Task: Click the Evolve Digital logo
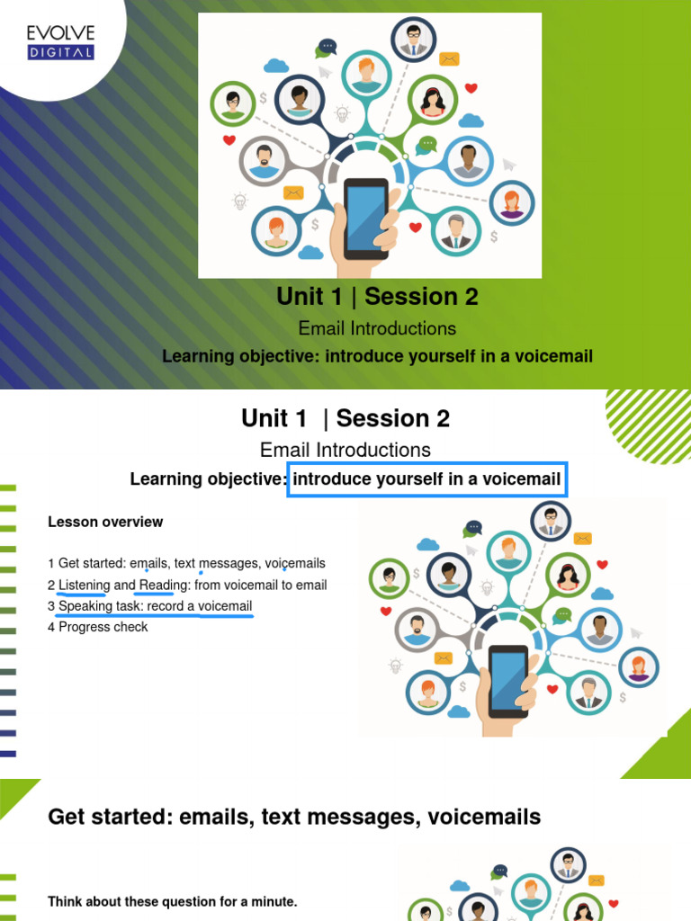60,42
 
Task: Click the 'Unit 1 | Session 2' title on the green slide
378,296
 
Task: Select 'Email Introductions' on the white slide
345,450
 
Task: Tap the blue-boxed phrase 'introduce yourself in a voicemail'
427,478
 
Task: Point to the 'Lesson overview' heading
105,522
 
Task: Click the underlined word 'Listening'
84,586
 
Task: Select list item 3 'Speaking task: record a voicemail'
150,606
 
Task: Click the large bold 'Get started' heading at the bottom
294,817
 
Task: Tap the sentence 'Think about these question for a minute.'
172,901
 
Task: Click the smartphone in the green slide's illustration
366,219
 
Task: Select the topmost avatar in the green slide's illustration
413,39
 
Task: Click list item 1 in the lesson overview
186,564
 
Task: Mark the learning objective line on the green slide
377,357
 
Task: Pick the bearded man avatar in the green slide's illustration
264,161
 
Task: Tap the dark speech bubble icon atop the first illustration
328,46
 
